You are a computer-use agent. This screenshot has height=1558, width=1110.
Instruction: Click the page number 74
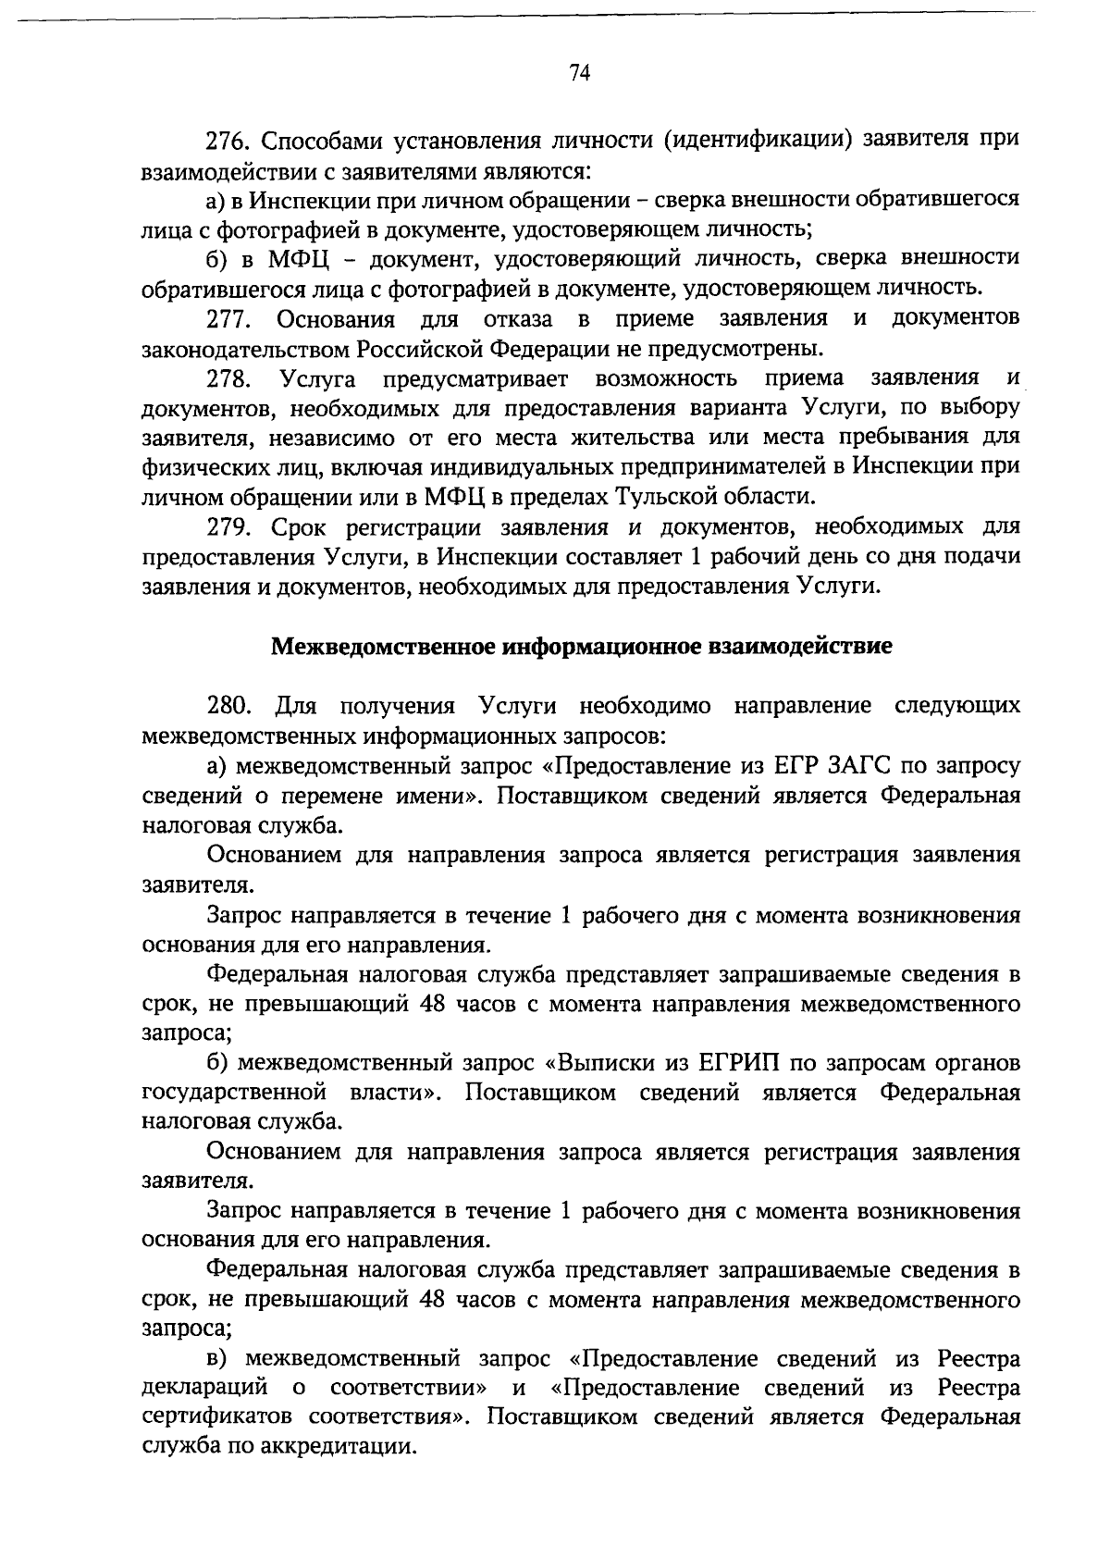580,74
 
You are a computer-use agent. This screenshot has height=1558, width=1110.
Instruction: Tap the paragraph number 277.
228,319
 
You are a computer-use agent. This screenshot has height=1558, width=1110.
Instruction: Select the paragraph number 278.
228,378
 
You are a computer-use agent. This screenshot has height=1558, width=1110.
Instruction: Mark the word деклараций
204,1389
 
